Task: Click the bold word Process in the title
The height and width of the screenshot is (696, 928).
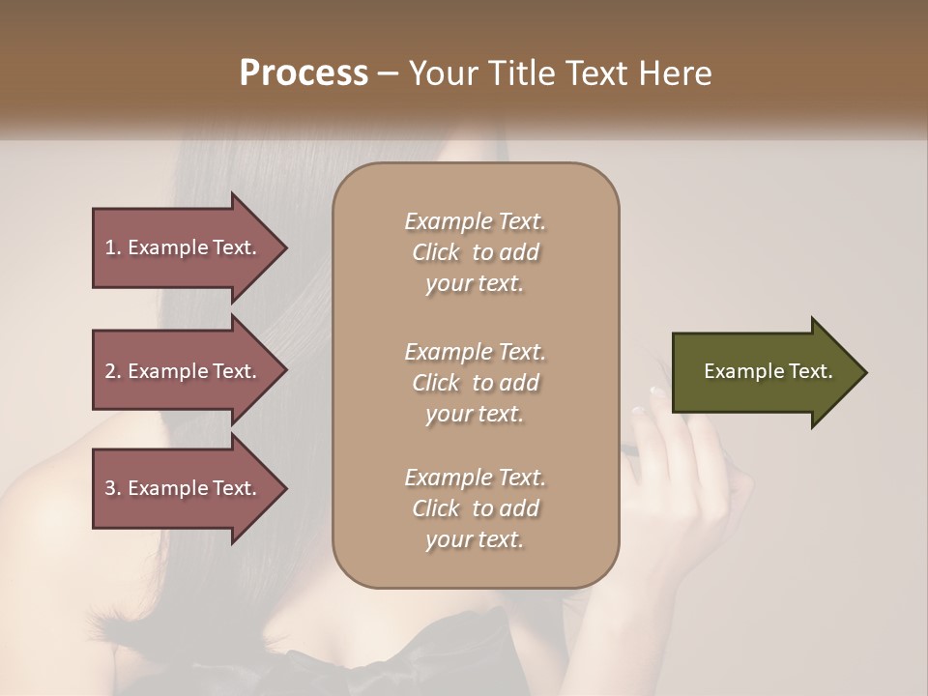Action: pos(304,73)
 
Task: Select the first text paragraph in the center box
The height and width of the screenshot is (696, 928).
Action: pos(475,252)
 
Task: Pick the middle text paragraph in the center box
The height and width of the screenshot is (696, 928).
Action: pos(475,383)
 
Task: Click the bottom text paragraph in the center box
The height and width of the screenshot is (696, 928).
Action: pos(475,508)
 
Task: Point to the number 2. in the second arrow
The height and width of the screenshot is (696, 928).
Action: pos(113,371)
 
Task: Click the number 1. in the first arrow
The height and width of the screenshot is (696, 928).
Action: pos(113,247)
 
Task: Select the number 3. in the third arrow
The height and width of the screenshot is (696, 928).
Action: pos(113,488)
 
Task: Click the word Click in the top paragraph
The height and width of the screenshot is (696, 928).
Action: pos(436,252)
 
